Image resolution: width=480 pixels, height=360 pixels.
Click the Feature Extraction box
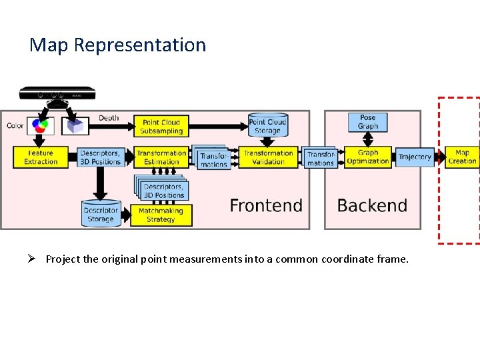[41, 157]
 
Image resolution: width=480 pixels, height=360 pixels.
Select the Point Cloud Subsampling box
[162, 126]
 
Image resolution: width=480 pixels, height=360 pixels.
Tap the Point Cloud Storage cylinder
[267, 125]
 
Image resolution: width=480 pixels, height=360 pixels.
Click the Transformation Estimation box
[162, 157]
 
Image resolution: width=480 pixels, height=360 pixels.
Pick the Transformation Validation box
[268, 157]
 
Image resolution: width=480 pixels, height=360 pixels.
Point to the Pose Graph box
[367, 121]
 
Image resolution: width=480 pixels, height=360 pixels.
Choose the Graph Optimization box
[368, 157]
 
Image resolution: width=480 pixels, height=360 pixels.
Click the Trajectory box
[415, 157]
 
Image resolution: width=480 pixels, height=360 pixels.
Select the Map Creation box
[462, 157]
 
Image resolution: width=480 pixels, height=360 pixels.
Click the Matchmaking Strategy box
[161, 215]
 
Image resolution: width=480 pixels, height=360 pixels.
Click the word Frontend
[266, 205]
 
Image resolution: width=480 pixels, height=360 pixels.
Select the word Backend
[372, 205]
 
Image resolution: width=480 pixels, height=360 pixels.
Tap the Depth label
[109, 118]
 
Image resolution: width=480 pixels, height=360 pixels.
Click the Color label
[15, 125]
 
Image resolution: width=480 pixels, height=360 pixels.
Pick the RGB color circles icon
[41, 125]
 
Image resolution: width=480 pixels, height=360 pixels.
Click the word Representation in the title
[140, 45]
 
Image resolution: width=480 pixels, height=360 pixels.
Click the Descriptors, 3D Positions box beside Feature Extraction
[100, 157]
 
